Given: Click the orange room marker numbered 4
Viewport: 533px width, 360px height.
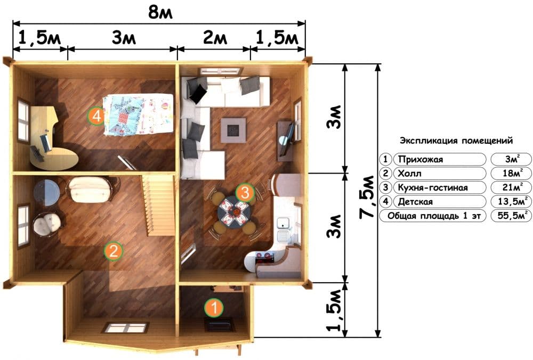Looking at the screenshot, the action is pos(97,117).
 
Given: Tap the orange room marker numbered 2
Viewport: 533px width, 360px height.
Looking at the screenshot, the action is pos(113,251).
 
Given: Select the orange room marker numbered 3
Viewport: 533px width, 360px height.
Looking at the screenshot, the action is pos(245,193).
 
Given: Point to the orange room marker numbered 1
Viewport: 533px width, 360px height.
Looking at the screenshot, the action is pos(214,308).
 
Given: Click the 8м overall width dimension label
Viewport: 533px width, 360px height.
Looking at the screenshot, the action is pos(160,12).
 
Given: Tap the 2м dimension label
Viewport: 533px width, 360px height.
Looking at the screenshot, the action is pos(215,37).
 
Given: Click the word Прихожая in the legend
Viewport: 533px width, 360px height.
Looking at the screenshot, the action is pos(421,159).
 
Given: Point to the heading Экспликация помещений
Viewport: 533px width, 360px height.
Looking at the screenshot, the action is pos(456,140).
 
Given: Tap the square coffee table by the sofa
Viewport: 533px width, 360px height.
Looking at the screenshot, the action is pos(233,130).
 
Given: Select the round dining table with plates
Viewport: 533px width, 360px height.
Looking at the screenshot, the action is pos(234,213).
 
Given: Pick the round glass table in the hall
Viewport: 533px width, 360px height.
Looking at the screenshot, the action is pos(47,193).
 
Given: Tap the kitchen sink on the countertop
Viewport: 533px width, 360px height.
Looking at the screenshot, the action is pos(283,223).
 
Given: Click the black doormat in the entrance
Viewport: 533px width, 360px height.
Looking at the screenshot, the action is pos(220,325).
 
